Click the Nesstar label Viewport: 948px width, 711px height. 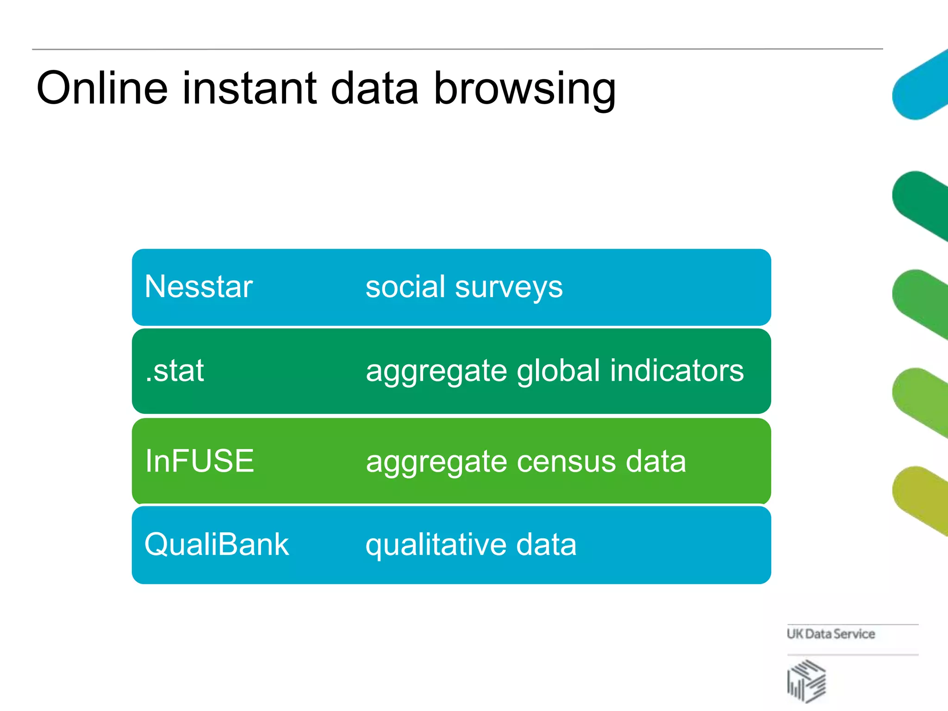[199, 287]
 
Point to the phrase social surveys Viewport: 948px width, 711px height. [464, 287]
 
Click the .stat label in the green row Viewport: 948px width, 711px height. [175, 371]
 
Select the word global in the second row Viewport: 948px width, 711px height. [559, 371]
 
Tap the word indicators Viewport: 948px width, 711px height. [676, 371]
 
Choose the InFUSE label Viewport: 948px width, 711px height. [200, 461]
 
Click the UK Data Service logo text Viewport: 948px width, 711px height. [830, 634]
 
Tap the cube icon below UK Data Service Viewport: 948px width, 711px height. [806, 681]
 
